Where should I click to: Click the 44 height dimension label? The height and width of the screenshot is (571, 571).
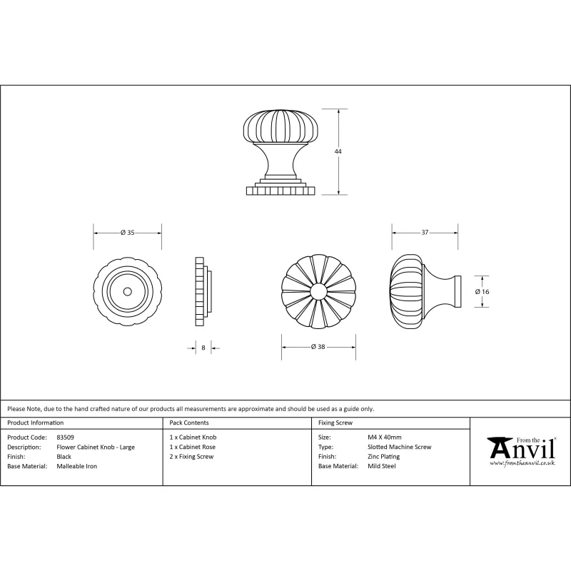(x=338, y=151)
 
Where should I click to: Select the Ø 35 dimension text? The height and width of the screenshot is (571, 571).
(x=128, y=233)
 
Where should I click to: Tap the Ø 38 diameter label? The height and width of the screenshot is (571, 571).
(x=318, y=347)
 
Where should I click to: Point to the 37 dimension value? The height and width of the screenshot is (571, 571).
(x=425, y=233)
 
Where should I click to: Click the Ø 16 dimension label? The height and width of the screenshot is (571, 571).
(x=482, y=291)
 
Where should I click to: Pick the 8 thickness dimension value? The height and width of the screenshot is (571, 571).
(x=203, y=348)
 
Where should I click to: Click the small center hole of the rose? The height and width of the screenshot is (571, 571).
(x=128, y=291)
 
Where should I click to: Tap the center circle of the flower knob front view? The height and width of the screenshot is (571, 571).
(x=318, y=291)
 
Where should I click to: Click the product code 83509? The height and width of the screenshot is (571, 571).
(x=65, y=438)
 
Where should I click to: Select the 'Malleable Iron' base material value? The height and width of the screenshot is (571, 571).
(x=77, y=466)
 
